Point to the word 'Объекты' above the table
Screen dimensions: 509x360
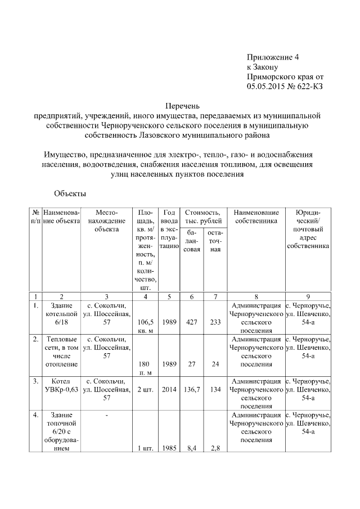tap(70, 194)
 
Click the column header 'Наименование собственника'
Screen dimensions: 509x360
tap(256, 217)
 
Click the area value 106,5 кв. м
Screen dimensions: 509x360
tap(145, 326)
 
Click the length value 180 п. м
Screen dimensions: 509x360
tap(145, 368)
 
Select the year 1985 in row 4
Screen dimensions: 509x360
tap(169, 449)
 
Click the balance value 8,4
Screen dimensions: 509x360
tap(191, 449)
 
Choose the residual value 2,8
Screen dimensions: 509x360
tap(215, 449)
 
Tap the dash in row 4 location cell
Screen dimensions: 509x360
tap(106, 415)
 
